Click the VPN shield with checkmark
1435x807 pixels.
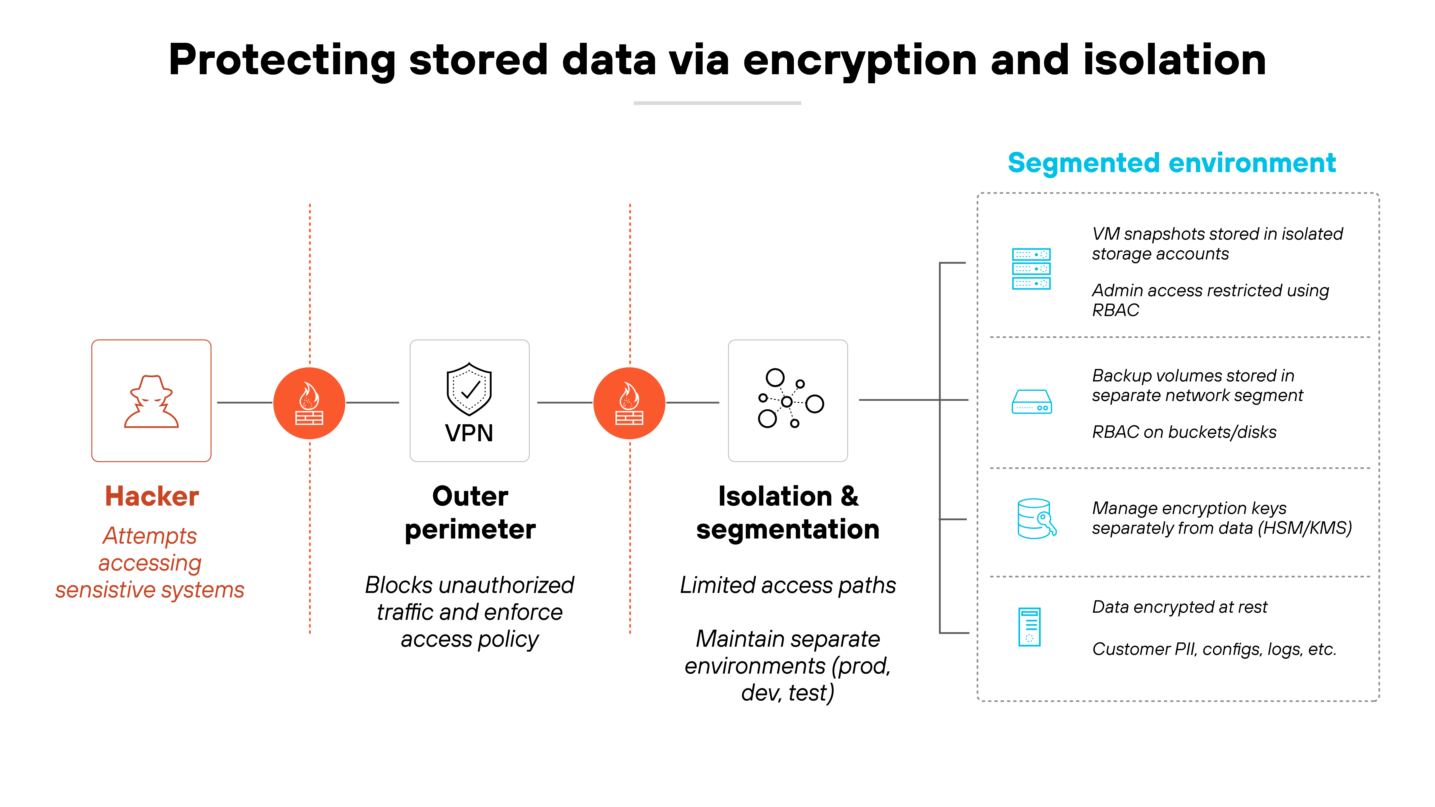(469, 389)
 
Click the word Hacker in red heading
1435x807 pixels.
(152, 496)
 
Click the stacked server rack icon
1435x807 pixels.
(1031, 269)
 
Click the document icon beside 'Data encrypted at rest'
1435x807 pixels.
(1030, 626)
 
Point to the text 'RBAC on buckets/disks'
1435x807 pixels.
(1184, 432)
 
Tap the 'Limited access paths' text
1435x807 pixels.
(788, 585)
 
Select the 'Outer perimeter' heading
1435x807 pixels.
(470, 512)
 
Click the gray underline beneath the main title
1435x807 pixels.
(717, 103)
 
